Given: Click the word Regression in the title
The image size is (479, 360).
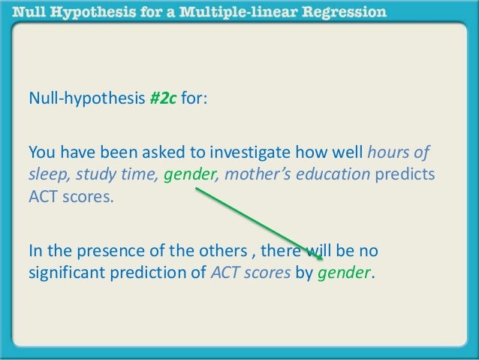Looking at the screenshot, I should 341,12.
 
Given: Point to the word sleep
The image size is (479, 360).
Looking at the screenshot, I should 46,176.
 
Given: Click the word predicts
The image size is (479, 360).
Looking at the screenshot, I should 405,176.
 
